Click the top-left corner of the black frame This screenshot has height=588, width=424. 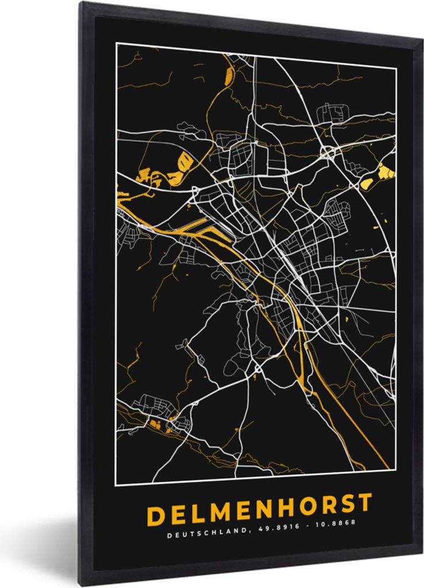pyautogui.click(x=82, y=4)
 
